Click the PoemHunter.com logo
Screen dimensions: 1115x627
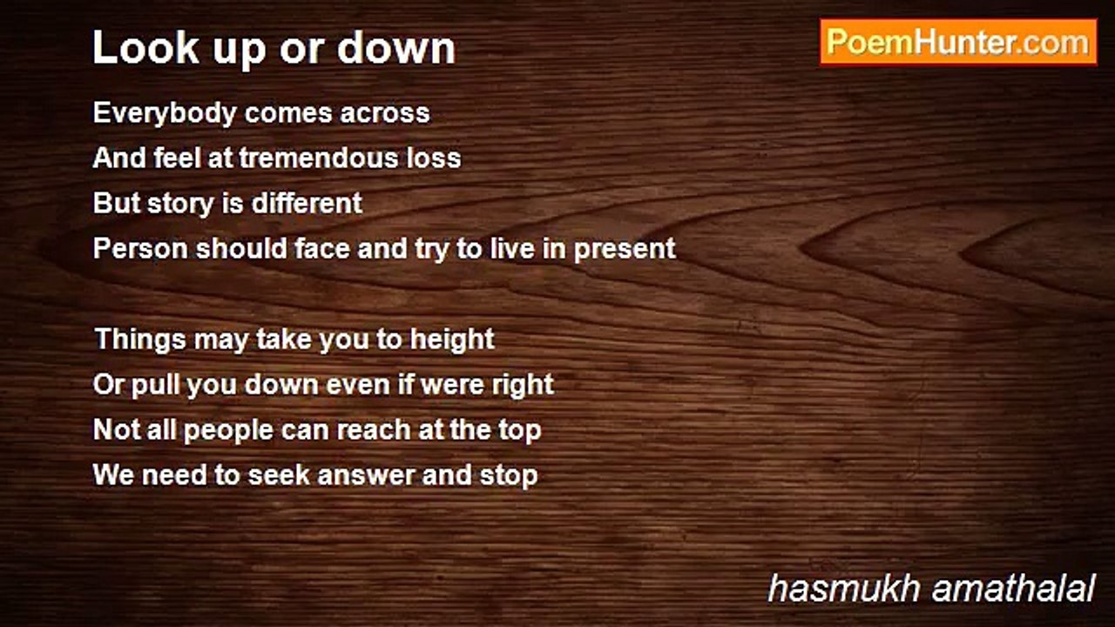coord(958,42)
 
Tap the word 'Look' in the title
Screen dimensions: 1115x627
coord(145,47)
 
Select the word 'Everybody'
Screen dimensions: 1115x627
coord(165,114)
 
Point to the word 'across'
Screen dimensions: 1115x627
coord(385,113)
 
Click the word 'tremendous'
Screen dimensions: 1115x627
coord(319,158)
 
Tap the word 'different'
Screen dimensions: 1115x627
coord(307,203)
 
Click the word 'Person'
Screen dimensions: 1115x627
coord(141,248)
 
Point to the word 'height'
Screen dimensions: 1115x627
coord(452,340)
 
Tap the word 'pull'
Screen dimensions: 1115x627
coord(155,385)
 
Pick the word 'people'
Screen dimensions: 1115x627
coord(228,431)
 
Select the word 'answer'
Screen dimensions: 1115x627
coord(365,475)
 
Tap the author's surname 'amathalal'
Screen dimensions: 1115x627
coord(1014,589)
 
